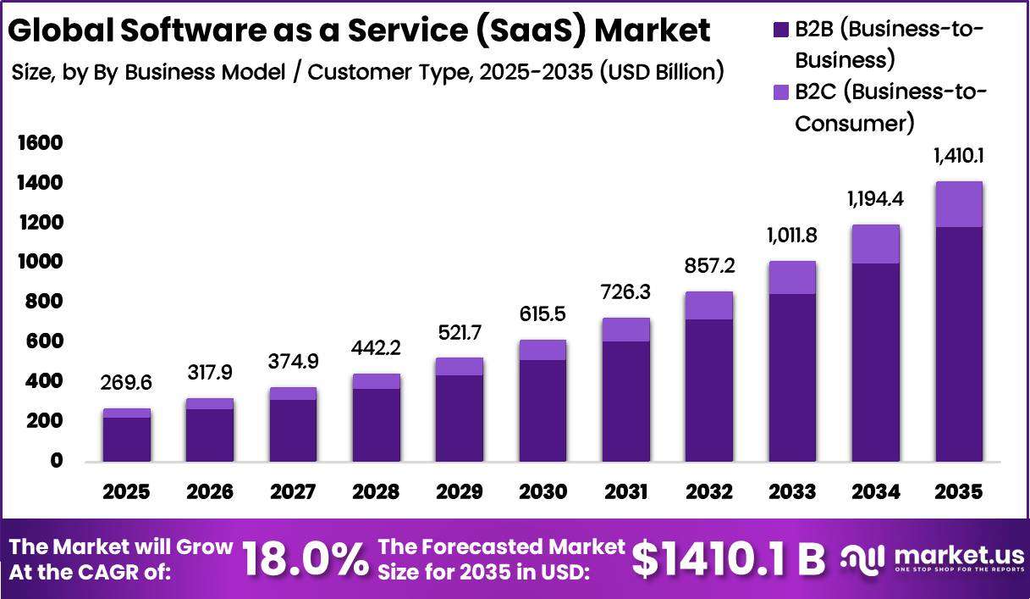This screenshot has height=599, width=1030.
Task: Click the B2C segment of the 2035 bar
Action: [959, 204]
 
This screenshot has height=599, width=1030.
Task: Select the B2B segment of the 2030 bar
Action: [543, 411]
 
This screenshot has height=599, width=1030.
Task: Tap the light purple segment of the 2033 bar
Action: [792, 278]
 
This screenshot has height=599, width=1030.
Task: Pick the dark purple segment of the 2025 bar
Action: [126, 440]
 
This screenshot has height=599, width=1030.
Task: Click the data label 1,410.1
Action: [959, 157]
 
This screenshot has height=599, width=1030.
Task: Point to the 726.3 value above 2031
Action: [625, 292]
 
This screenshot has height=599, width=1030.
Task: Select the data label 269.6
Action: [126, 383]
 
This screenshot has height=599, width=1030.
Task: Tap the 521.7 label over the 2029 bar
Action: [460, 333]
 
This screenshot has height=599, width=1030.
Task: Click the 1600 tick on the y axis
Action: [41, 143]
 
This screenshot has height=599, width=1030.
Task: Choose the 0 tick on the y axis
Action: [57, 460]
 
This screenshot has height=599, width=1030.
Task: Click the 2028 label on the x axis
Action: [376, 491]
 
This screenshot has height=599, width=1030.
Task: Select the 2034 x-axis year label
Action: [875, 491]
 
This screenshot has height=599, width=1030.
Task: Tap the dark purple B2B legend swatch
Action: [781, 30]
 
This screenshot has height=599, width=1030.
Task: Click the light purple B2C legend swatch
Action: [781, 92]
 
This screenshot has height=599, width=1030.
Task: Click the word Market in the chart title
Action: [653, 31]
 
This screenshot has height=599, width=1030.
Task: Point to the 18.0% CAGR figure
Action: [306, 560]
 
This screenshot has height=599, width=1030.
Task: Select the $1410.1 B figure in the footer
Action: [729, 560]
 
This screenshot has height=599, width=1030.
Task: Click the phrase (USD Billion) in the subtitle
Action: [662, 73]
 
